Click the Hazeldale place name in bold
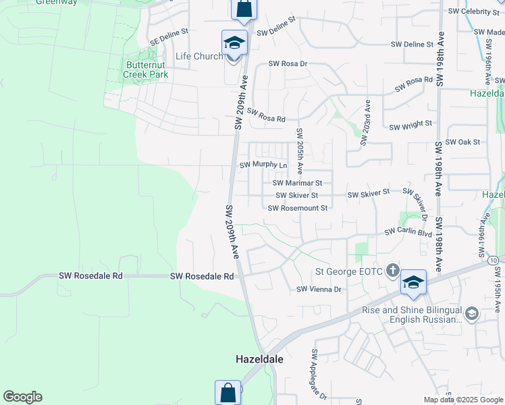259,359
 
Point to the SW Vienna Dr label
321,289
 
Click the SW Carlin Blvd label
408,232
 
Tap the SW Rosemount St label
298,208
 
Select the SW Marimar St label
298,182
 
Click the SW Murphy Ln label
264,165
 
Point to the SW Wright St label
410,124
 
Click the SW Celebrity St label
472,11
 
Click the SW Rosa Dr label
288,63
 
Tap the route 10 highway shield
494,260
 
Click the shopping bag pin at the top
243,9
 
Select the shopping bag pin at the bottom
228,392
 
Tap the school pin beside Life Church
234,43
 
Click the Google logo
22,397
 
